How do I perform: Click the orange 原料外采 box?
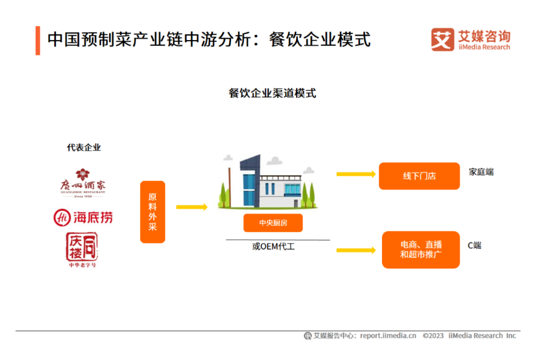coord(152,211)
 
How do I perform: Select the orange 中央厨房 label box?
coord(273,223)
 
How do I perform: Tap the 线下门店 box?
coord(419,176)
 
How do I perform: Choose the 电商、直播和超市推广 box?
coord(421,250)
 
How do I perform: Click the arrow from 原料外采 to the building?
coord(192,207)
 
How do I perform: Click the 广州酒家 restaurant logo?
coord(83,183)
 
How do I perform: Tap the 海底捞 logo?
coord(83,217)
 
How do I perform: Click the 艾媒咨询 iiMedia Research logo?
coord(471,39)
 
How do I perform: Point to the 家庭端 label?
coord(481,173)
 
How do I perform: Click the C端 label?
coord(475,245)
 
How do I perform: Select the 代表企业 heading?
coord(84,147)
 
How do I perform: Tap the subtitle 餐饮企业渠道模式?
coord(272,94)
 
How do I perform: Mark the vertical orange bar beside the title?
coord(38,40)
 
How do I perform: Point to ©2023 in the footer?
coord(433,336)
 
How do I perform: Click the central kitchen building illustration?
coord(269,182)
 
